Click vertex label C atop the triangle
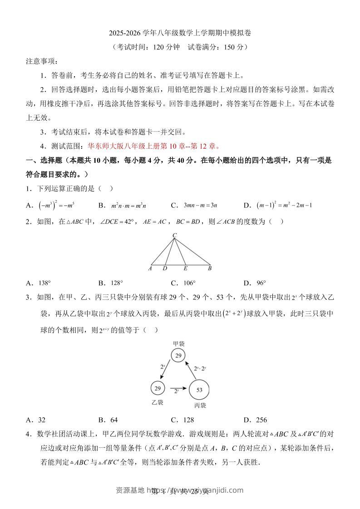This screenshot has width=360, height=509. (174, 235)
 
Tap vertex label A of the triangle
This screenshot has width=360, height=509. (150, 269)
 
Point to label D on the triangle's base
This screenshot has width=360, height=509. (165, 269)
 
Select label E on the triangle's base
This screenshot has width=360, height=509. (185, 269)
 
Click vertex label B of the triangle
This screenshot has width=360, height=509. (209, 269)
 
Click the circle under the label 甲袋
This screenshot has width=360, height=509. (179, 356)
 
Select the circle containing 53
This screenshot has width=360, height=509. (199, 389)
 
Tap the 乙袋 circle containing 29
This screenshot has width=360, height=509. (158, 388)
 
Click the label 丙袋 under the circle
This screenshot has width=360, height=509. (199, 405)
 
